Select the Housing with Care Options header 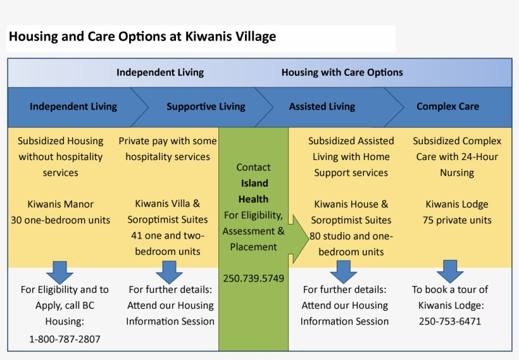(x=342, y=72)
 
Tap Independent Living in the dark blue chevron (x=73, y=106)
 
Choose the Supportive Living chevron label (x=206, y=106)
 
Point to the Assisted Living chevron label (x=322, y=106)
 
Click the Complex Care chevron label (x=447, y=106)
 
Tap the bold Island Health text (x=253, y=191)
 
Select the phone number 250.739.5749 (x=253, y=278)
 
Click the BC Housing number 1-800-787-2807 (x=65, y=339)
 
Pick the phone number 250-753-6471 (x=449, y=321)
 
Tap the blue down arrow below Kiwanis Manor (x=59, y=272)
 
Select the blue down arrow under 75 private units (x=449, y=271)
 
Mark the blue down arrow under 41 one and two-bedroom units (x=169, y=272)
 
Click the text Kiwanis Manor (x=60, y=204)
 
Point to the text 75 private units (x=457, y=220)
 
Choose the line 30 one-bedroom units (x=60, y=220)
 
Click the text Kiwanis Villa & (x=167, y=204)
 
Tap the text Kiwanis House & (x=351, y=204)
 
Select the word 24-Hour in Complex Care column (x=479, y=157)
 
